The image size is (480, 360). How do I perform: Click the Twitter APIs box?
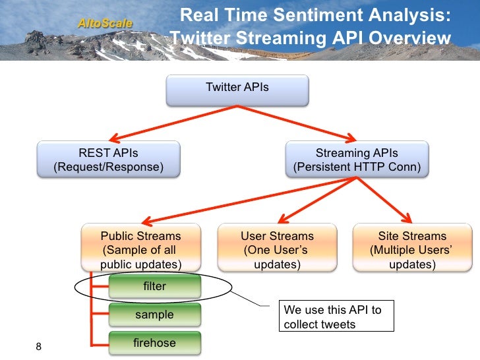pyautogui.click(x=237, y=90)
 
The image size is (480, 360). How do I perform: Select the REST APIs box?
pyautogui.click(x=108, y=159)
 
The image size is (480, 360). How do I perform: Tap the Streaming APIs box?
pyautogui.click(x=357, y=159)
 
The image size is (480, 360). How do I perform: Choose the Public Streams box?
pyautogui.click(x=140, y=248)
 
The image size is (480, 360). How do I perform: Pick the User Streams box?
pyautogui.click(x=277, y=248)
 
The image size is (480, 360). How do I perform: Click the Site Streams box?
pyautogui.click(x=412, y=248)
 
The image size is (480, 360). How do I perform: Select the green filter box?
pyautogui.click(x=154, y=287)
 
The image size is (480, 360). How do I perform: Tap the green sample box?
pyautogui.click(x=154, y=315)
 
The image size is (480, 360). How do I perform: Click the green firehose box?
pyautogui.click(x=154, y=342)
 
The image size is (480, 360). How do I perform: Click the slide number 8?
pyautogui.click(x=38, y=347)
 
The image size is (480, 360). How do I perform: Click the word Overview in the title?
pyautogui.click(x=409, y=38)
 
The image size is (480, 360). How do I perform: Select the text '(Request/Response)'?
pyautogui.click(x=108, y=167)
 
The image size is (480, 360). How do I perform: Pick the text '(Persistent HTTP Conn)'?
pyautogui.click(x=357, y=167)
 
